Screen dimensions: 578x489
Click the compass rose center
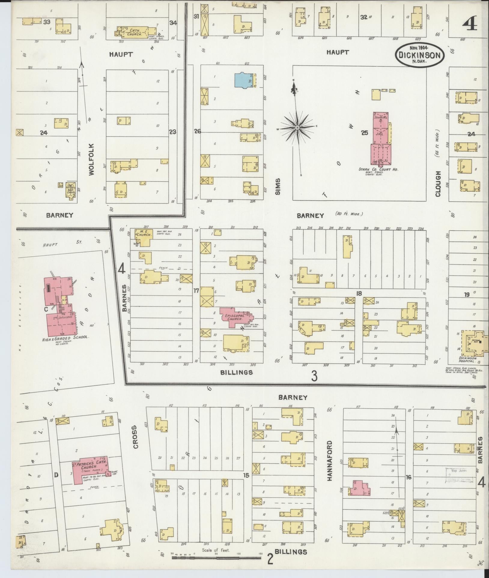tap(297, 128)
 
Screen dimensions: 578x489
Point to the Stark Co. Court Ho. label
tap(378, 169)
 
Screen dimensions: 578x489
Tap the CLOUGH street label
tap(438, 184)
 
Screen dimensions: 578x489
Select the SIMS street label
tap(277, 187)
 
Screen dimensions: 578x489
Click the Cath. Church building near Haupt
tap(135, 32)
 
